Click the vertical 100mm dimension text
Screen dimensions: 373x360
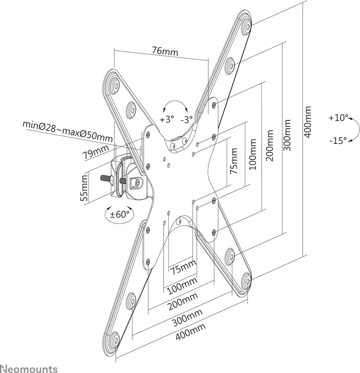click(252, 154)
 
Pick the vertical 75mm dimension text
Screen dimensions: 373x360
click(234, 161)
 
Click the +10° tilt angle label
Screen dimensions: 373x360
click(338, 118)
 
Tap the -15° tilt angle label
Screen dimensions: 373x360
click(338, 140)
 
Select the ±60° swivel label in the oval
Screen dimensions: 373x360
click(120, 214)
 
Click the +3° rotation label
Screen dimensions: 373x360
click(167, 119)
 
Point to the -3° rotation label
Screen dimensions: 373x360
click(186, 119)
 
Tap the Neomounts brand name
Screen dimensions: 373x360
click(29, 368)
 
